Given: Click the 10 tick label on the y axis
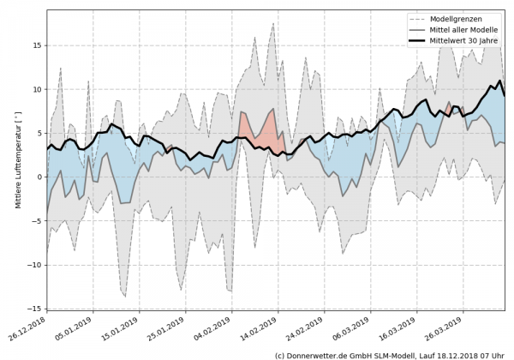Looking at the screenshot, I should click(38, 89).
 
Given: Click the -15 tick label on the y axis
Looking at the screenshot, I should click(35, 309).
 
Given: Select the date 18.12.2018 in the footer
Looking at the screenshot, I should click(461, 354).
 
